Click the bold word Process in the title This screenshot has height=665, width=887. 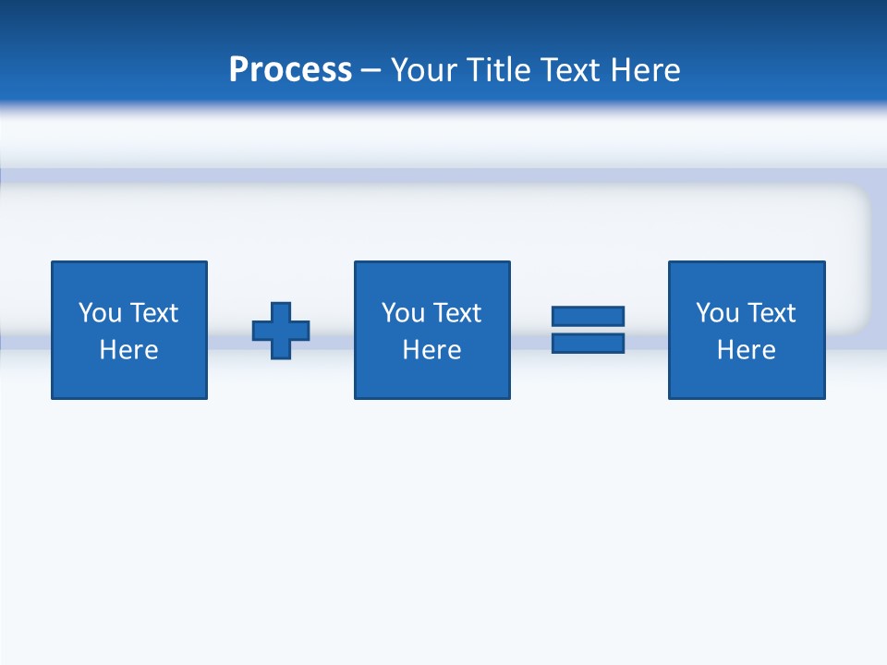pos(290,70)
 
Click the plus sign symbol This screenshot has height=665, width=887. pos(281,330)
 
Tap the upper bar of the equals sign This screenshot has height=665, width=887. pos(588,316)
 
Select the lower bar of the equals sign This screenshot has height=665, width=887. pos(588,343)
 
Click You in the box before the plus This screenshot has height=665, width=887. pos(100,313)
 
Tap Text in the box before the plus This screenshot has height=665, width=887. pos(152,313)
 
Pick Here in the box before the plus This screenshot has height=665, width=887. pos(128,350)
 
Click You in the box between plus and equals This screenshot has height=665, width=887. pos(403,313)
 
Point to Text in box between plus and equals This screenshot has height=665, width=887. pos(456,313)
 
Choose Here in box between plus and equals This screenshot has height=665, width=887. pos(431,350)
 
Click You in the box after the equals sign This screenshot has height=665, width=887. pos(717,313)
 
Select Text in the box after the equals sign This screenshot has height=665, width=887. pos(770,313)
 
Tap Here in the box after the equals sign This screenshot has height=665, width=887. pos(746,350)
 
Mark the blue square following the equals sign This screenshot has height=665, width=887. pos(747,379)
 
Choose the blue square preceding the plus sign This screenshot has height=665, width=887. pos(129,379)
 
